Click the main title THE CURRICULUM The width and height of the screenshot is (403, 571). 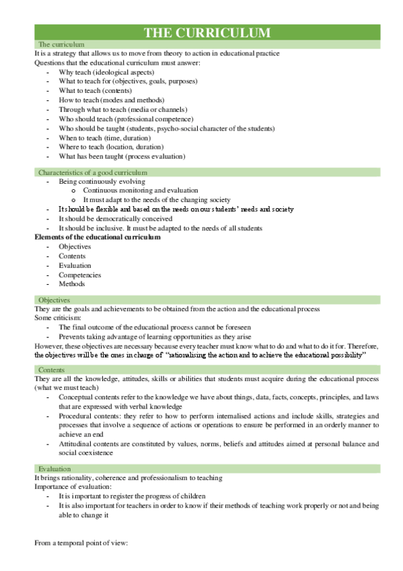(x=207, y=33)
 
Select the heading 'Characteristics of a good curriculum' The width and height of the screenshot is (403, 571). (x=92, y=172)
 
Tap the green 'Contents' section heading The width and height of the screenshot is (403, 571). (x=51, y=370)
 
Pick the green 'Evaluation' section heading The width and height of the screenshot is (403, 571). (x=54, y=468)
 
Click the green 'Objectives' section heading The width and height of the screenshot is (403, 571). (x=54, y=299)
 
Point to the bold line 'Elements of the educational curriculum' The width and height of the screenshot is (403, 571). (x=98, y=237)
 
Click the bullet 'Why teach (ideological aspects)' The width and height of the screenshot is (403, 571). (x=106, y=72)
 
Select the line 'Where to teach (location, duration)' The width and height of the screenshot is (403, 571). (x=111, y=147)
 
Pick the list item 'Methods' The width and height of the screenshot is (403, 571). (x=71, y=284)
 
